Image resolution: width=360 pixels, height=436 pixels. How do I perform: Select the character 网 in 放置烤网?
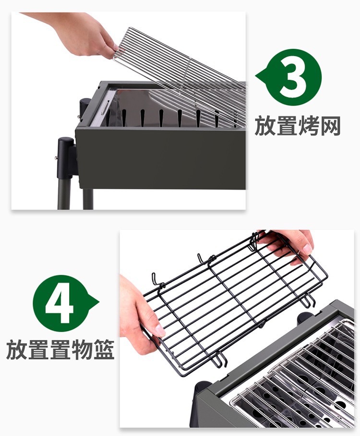[x=331, y=126]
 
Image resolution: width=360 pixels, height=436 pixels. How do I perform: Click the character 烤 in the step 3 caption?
[x=309, y=126]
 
